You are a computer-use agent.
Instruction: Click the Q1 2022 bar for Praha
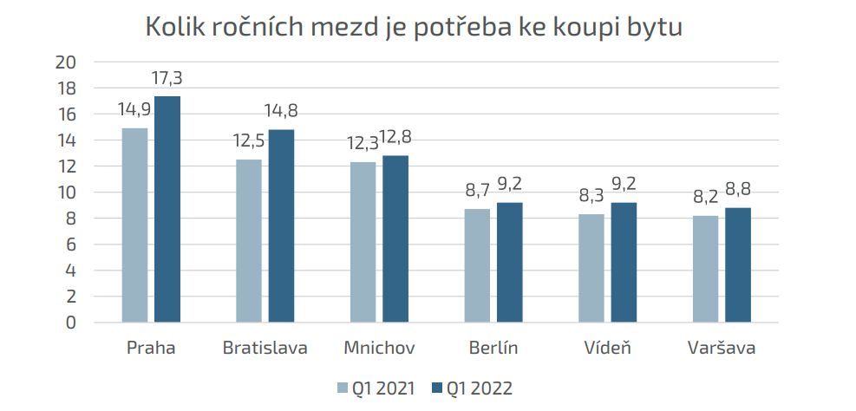tap(167, 208)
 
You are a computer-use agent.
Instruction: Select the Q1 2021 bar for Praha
tap(134, 225)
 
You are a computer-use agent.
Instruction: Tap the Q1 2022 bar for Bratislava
tap(281, 225)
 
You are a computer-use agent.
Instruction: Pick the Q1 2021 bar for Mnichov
tap(363, 242)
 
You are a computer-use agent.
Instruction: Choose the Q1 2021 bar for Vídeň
tap(591, 268)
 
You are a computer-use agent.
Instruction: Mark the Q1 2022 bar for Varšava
tap(737, 264)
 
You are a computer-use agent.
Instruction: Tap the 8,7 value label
tap(476, 191)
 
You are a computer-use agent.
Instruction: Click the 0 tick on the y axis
tap(72, 323)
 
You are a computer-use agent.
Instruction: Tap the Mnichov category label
tap(379, 349)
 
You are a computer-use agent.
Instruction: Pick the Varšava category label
tap(721, 349)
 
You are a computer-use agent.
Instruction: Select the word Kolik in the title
tap(173, 27)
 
